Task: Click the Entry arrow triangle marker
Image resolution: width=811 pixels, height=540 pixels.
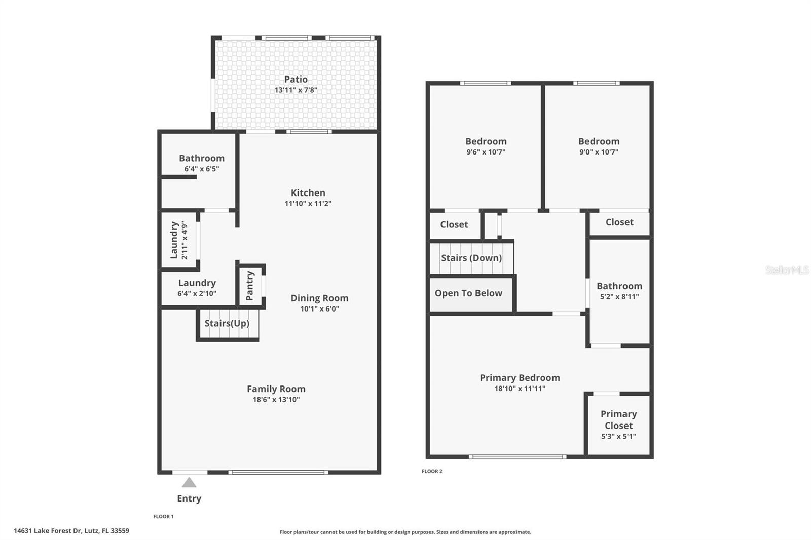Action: tap(189, 483)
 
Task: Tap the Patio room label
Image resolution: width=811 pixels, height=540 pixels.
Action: tap(296, 79)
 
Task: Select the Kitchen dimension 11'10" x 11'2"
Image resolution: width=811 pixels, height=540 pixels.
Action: tap(308, 204)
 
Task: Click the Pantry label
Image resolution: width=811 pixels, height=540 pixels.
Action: tap(249, 286)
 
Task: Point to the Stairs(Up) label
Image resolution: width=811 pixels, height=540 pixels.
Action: tap(227, 323)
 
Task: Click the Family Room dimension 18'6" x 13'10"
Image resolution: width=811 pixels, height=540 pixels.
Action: tap(276, 400)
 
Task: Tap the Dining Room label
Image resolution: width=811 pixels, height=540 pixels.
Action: tap(319, 298)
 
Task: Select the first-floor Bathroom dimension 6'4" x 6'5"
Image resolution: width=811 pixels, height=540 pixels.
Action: tap(201, 169)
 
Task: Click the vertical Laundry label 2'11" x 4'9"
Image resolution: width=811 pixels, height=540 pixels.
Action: tap(178, 240)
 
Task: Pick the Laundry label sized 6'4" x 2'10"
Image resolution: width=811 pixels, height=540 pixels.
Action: tap(197, 283)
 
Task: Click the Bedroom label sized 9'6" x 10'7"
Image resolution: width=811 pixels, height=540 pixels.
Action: tap(486, 141)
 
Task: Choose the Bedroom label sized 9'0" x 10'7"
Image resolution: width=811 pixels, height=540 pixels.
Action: tap(599, 141)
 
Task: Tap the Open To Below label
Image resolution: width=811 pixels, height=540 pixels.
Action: tap(468, 293)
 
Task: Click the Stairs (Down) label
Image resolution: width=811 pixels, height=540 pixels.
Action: tap(471, 258)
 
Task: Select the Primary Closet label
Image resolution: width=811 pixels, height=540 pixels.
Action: tap(618, 419)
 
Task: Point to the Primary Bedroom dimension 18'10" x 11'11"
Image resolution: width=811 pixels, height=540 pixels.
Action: tap(520, 389)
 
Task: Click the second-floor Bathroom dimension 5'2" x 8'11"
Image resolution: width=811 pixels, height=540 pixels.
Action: tap(619, 297)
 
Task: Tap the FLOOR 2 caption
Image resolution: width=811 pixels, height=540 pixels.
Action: tap(432, 471)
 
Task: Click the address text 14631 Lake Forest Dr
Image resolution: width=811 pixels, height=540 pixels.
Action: tap(71, 531)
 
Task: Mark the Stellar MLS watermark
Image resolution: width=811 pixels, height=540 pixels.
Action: tap(787, 270)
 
